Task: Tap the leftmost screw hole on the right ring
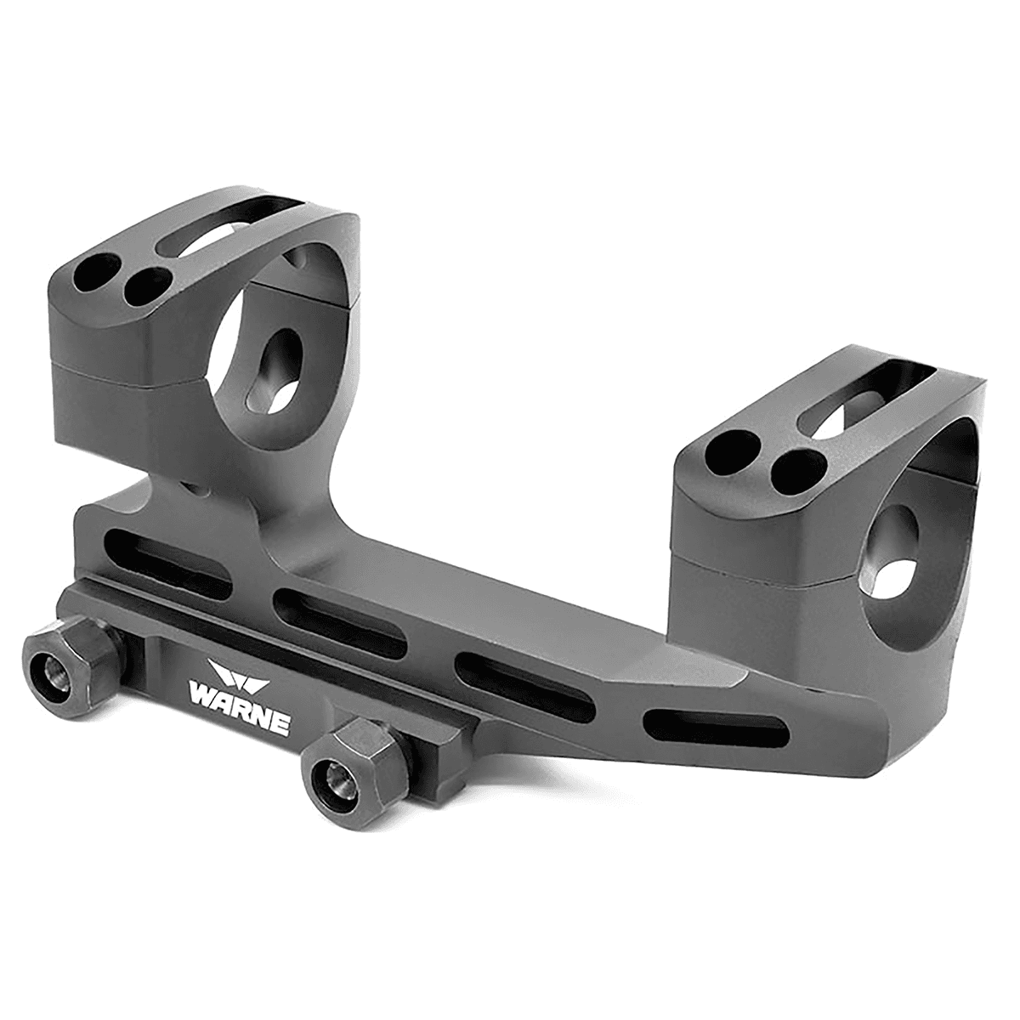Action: click(x=732, y=447)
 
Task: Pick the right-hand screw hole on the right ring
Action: click(x=801, y=467)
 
